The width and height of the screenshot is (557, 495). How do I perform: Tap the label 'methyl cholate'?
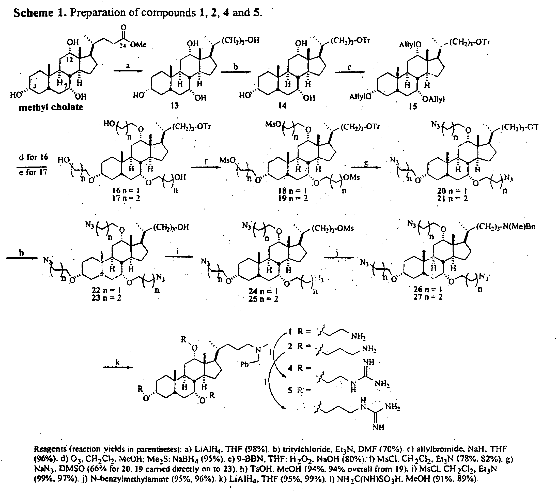pos(50,107)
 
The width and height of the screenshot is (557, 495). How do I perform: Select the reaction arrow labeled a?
pos(128,71)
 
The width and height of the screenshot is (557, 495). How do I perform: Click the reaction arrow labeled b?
pos(236,72)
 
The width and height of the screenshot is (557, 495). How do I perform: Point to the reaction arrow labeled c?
pos(350,72)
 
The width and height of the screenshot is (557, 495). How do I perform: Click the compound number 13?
pos(174,105)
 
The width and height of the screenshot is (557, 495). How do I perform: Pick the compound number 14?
pos(282,105)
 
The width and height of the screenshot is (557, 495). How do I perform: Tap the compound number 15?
pos(413,106)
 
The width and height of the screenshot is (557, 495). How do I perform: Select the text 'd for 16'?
pos(33,157)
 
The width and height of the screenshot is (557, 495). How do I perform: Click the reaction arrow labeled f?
pos(206,167)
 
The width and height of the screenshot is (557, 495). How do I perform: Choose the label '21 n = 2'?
pos(452,199)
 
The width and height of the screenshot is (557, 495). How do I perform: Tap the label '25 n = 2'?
pos(263,299)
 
